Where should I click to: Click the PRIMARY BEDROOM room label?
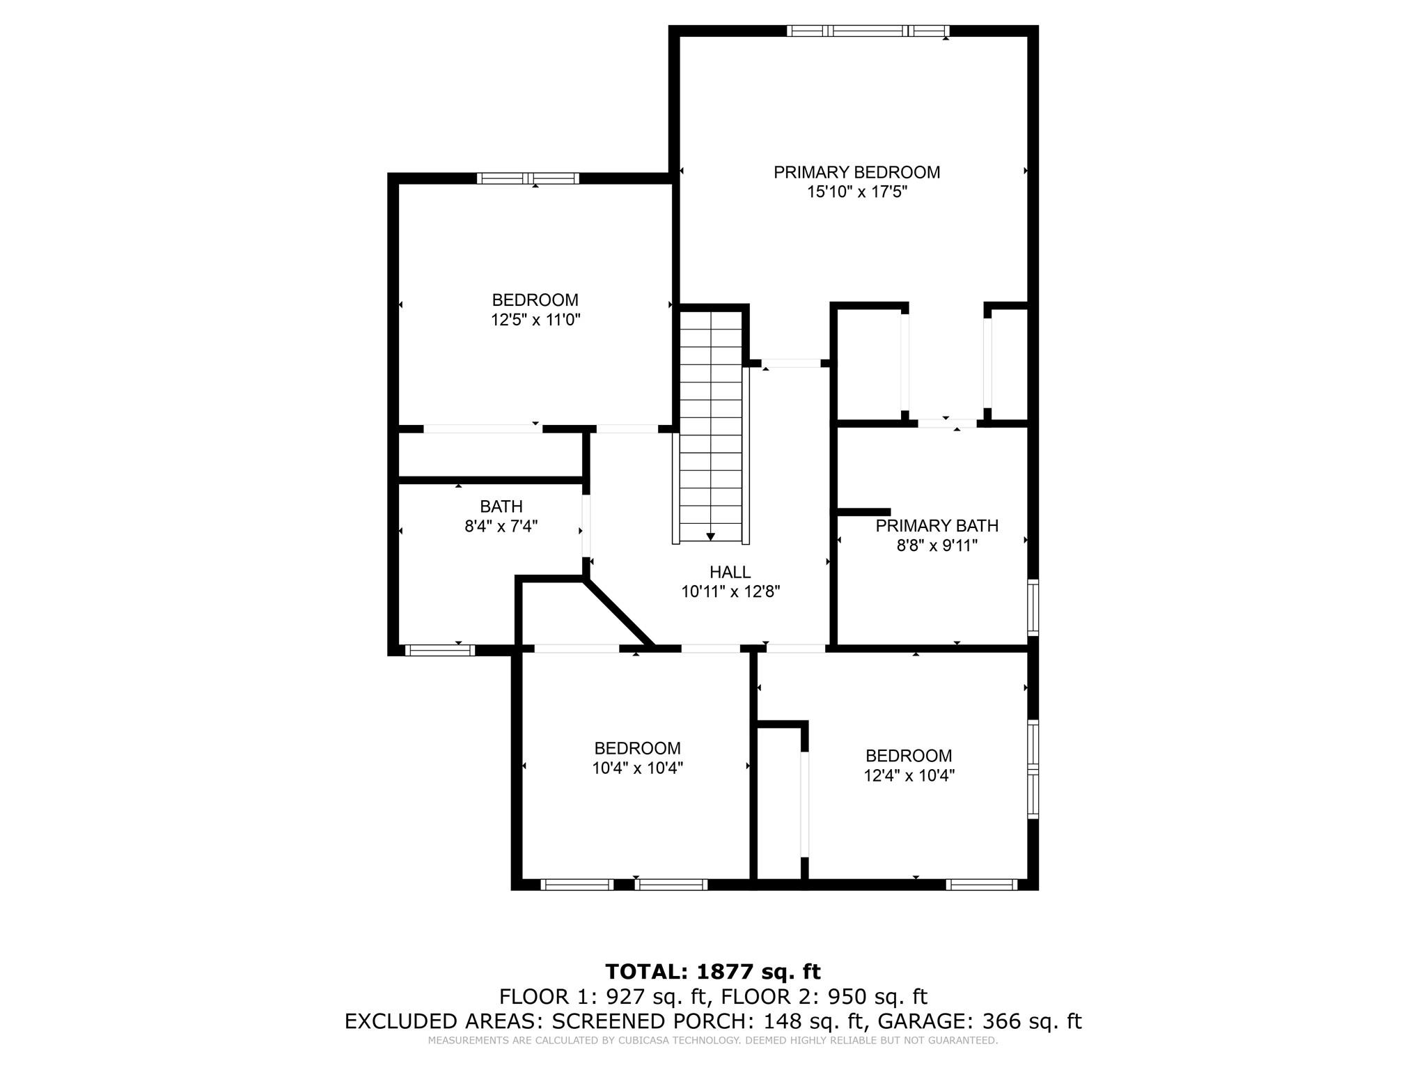(856, 172)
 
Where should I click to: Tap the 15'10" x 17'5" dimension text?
(856, 192)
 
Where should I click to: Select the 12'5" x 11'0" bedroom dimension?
(535, 320)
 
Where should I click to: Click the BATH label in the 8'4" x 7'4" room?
(501, 506)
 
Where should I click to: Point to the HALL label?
(730, 572)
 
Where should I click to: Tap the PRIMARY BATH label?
(937, 526)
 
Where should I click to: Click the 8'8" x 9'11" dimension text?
(937, 545)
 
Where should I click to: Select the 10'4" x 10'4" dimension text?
(638, 768)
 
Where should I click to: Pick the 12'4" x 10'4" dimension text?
(909, 775)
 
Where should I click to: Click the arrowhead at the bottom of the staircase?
(710, 536)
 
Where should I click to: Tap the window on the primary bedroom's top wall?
(868, 31)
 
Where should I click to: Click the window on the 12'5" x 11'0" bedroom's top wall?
(528, 178)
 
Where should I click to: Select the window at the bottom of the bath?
(440, 651)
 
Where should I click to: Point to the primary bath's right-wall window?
(1033, 607)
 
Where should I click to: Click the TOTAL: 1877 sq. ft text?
(713, 971)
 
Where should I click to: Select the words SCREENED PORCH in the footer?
(650, 1021)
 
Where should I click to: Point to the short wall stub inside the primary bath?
(863, 512)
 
